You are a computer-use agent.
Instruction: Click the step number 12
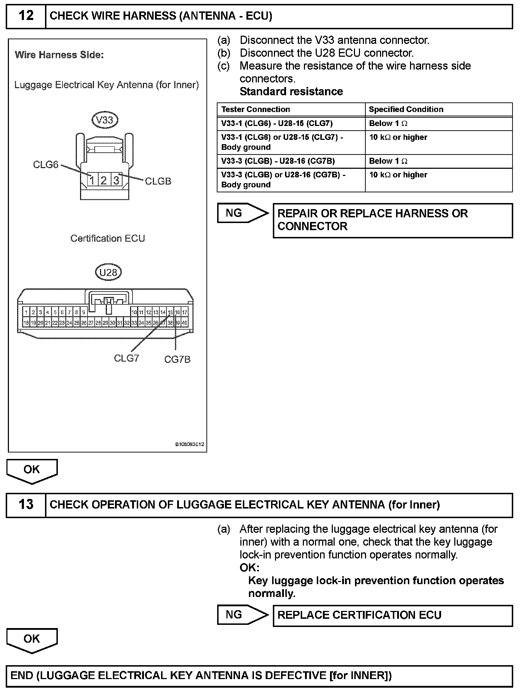pos(26,16)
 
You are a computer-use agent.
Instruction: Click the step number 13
pos(26,505)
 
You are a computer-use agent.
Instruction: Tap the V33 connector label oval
pos(105,120)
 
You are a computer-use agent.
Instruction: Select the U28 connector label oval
pos(108,273)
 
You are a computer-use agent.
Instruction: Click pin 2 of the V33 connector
pos(104,181)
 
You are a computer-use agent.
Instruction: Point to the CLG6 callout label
pos(45,165)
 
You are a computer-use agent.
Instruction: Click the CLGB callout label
pos(158,181)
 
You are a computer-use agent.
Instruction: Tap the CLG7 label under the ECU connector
pos(126,358)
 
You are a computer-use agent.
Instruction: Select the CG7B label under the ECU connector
pos(177,359)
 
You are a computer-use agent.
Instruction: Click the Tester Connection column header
pos(255,110)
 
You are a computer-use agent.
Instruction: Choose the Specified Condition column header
pos(406,110)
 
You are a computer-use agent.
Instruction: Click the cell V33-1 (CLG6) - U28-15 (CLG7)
pos(277,123)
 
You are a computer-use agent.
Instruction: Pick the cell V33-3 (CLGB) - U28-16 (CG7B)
pos(278,161)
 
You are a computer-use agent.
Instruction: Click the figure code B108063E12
pos(189,445)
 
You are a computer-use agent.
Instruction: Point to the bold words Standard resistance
pos(291,92)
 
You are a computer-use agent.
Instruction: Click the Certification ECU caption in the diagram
pos(107,238)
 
